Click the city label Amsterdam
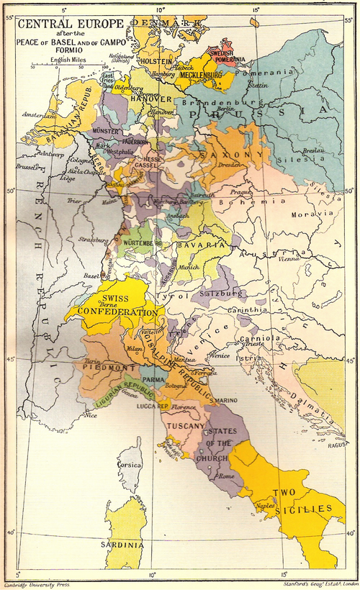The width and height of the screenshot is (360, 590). (40, 114)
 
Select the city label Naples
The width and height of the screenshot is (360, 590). (266, 507)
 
